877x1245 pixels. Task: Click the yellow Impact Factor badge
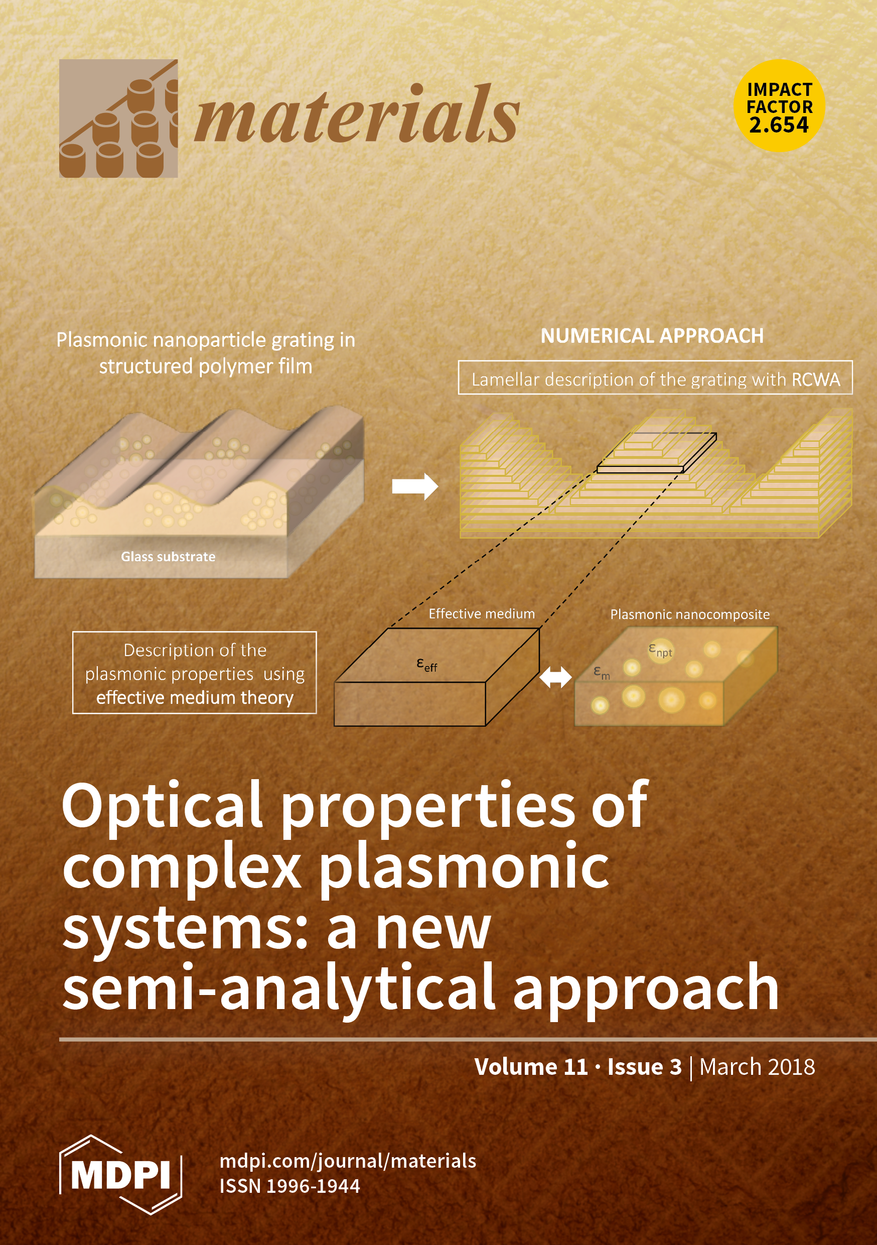click(x=779, y=105)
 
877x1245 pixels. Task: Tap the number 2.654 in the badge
click(x=779, y=126)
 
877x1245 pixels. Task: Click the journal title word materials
click(x=357, y=116)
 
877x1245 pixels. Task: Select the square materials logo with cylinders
click(x=118, y=118)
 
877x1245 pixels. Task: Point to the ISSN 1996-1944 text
click(x=289, y=1186)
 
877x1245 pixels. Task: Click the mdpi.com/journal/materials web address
click(x=348, y=1161)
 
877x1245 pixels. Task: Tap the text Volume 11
click(x=531, y=1067)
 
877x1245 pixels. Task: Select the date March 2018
click(x=757, y=1067)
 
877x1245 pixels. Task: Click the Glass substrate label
click(x=168, y=556)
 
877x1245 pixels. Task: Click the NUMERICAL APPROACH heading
click(x=652, y=336)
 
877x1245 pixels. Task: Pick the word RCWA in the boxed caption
click(x=815, y=380)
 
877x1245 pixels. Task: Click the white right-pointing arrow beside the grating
click(x=414, y=486)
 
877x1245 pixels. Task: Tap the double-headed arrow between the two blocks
click(x=555, y=677)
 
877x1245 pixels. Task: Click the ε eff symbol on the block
click(x=426, y=664)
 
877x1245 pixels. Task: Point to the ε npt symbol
click(x=660, y=650)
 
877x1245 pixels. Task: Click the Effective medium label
click(x=481, y=613)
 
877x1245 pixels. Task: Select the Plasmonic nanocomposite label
click(x=689, y=614)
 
